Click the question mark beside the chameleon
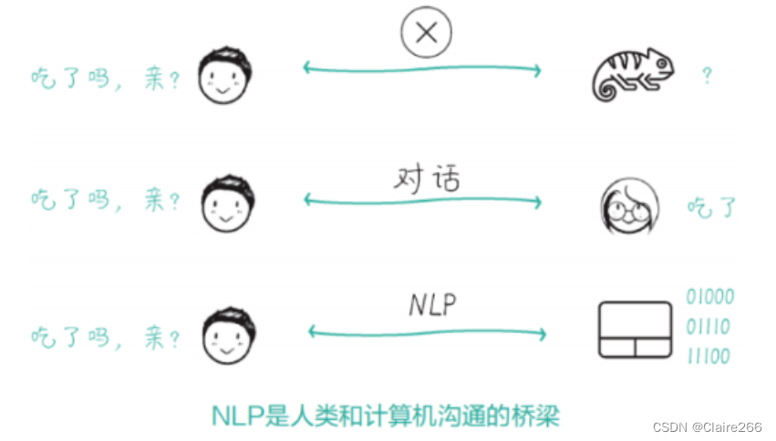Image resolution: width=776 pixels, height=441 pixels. pos(706,76)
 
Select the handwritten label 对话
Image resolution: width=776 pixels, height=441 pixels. pos(426,177)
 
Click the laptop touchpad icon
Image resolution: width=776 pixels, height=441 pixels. pos(630,330)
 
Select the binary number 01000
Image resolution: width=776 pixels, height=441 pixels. pos(709,298)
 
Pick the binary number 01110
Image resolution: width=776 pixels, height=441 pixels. pos(709,326)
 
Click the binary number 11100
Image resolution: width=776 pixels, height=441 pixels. pos(709,355)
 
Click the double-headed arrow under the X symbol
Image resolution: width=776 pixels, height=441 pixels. pos(422,68)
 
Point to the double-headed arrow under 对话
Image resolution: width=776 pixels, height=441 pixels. pos(422,200)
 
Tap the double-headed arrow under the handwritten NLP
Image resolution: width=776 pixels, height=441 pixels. pos(427,332)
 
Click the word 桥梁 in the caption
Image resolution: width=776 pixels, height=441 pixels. pos(533,416)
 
